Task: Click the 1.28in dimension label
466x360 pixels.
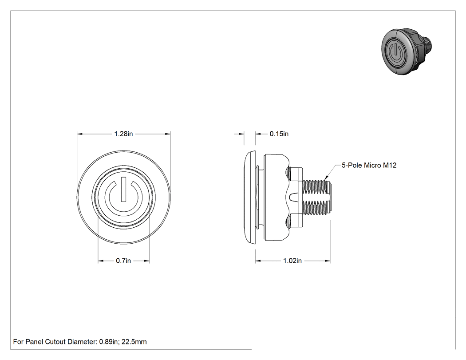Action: coord(123,134)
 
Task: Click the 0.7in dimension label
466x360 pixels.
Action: coord(123,261)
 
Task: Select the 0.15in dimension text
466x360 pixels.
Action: coord(279,134)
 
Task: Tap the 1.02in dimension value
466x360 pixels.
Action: coord(292,261)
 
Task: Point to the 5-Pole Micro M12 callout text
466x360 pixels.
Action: coord(369,165)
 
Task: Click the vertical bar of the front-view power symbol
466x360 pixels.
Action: coord(123,190)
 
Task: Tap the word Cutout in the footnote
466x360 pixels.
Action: coord(55,342)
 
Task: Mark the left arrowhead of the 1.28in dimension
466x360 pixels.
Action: coord(79,134)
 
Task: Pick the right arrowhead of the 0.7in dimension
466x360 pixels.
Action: coord(147,261)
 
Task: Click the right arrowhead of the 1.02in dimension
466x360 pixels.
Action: coord(328,261)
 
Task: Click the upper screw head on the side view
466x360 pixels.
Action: coord(288,172)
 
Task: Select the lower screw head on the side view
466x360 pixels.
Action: coord(288,221)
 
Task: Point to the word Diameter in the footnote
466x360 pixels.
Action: coord(82,342)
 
